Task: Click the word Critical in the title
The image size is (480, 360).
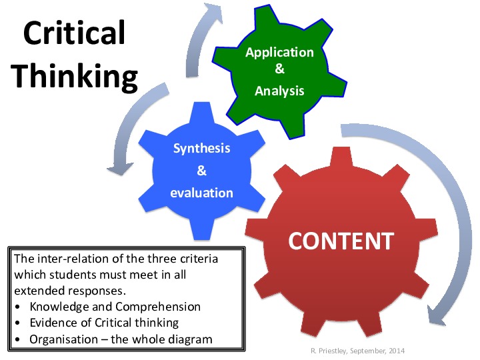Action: [75, 33]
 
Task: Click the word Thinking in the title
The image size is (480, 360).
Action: [75, 77]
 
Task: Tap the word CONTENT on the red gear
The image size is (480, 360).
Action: [341, 240]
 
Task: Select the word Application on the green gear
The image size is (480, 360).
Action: [279, 52]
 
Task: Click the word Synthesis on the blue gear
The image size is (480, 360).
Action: [201, 148]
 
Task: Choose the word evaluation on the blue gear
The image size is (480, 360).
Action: [201, 193]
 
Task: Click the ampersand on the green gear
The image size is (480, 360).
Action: [279, 69]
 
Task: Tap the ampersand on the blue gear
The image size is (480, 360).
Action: [201, 171]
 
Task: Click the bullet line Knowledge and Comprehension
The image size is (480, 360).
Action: [115, 307]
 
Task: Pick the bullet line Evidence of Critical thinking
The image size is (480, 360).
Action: [104, 323]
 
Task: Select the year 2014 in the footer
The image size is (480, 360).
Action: [394, 351]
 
